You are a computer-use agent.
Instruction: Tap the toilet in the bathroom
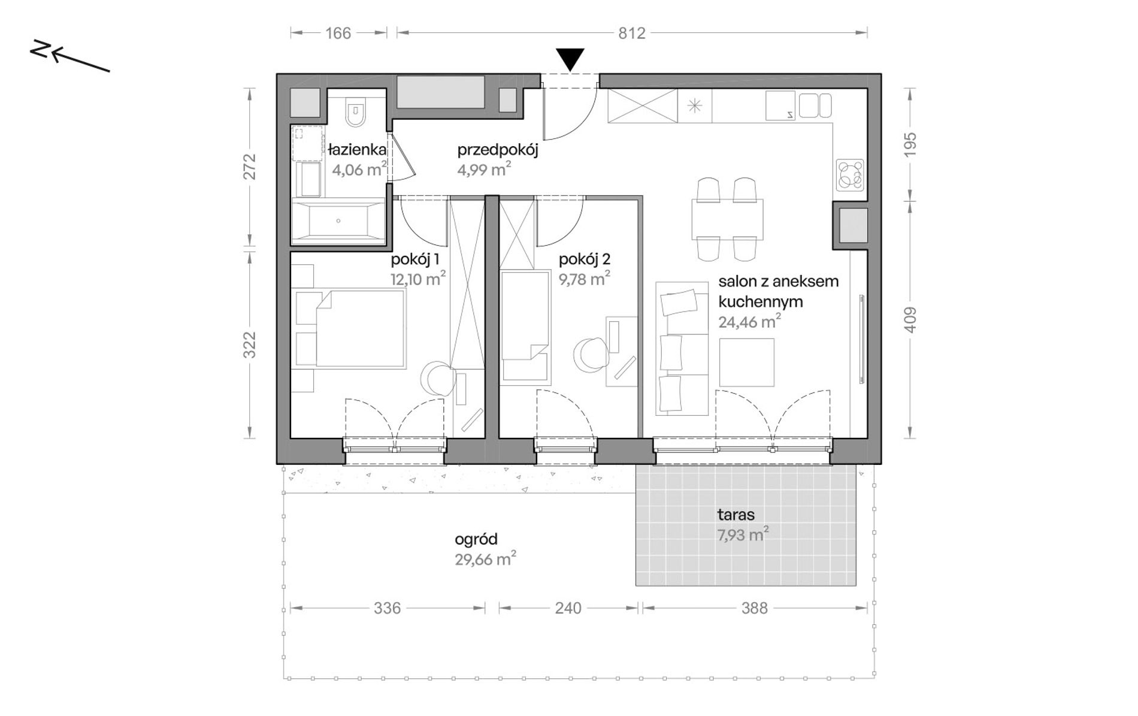click(355, 111)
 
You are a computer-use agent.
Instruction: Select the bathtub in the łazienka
click(338, 220)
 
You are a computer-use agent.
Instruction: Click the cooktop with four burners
click(851, 175)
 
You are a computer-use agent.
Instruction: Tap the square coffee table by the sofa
click(746, 362)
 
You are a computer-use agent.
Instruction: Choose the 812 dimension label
click(632, 33)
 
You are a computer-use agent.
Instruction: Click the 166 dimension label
click(338, 33)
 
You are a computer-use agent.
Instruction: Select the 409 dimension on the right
click(910, 319)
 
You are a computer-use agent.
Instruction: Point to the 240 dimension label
click(568, 608)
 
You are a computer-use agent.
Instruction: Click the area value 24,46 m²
click(749, 322)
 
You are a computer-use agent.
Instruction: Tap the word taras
click(736, 515)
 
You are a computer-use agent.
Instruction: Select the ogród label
click(476, 540)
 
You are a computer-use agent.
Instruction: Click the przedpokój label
click(498, 150)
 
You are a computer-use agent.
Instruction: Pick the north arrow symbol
click(70, 57)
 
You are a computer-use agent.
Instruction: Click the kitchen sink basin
click(780, 105)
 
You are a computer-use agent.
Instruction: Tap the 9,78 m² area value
click(585, 279)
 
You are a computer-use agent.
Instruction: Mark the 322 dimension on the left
click(250, 345)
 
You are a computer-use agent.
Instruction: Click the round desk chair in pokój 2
click(590, 355)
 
